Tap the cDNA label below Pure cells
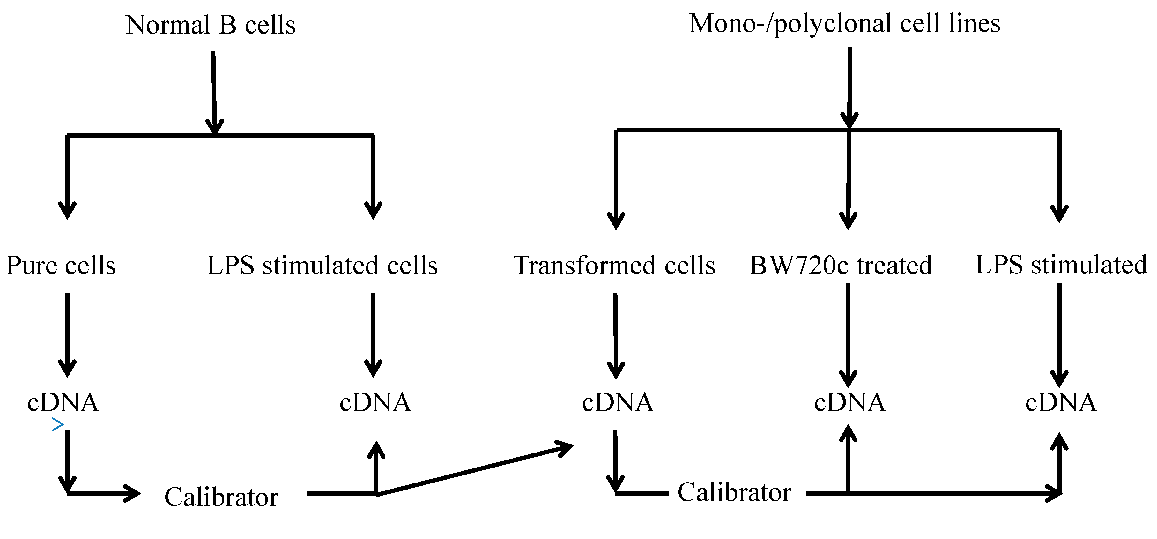(x=63, y=402)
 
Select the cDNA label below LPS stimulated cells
(x=375, y=402)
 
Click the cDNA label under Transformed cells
(x=618, y=402)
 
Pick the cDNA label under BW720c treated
(x=850, y=402)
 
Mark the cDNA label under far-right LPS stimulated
(x=1061, y=402)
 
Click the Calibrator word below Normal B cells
(x=221, y=497)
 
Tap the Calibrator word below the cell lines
(x=734, y=492)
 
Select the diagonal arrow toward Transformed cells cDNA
(x=476, y=470)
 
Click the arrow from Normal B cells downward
(x=214, y=90)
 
